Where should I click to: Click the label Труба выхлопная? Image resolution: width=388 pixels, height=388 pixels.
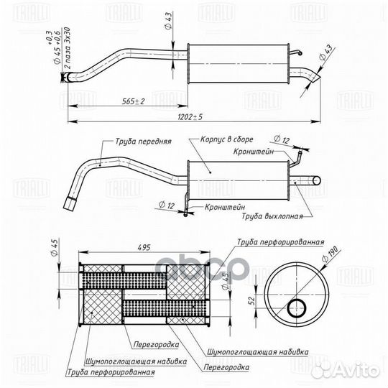[272, 215]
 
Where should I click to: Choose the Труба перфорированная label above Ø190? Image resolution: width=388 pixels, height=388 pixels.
[281, 243]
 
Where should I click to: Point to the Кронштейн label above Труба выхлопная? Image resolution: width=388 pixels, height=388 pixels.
[254, 152]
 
